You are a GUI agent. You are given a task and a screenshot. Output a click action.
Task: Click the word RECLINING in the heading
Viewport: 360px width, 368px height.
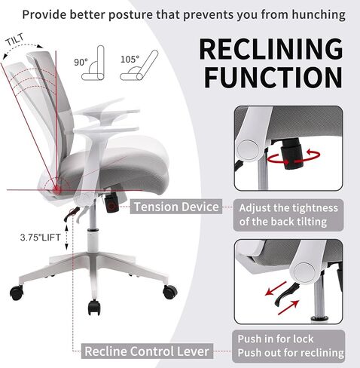coord(271,49)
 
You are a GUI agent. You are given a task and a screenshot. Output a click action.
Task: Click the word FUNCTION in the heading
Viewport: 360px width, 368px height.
coord(273,78)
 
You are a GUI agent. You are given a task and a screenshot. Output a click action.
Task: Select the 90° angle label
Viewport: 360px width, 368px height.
coord(81,62)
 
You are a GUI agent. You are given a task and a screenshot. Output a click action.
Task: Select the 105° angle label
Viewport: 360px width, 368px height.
coord(130,60)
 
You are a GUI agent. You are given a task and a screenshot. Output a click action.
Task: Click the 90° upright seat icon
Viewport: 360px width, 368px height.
coord(93,63)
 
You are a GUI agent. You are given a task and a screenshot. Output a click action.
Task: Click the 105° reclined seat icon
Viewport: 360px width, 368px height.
coord(139,66)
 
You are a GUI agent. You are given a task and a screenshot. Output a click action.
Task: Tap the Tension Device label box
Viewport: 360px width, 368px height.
coord(176,207)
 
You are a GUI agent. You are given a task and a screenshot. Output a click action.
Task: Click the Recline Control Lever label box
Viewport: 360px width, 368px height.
coord(147,351)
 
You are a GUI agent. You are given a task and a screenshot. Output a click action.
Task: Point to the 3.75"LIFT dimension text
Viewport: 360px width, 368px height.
coord(40,238)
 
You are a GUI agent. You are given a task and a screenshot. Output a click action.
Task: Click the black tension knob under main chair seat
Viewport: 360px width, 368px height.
coord(111,203)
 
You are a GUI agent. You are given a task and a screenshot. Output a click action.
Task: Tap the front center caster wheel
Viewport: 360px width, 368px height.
coord(94,308)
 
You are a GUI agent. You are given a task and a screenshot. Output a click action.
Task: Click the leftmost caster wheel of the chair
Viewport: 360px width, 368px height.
coord(17,293)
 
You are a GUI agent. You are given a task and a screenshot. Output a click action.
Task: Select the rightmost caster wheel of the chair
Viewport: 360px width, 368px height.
coord(170,293)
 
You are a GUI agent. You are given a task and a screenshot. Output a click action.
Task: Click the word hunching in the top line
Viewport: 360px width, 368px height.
coord(319,14)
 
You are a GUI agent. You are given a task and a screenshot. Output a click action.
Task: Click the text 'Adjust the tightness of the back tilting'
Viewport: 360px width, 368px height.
coord(288,215)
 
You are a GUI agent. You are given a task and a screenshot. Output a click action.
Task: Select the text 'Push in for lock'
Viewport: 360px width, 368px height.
coord(276,339)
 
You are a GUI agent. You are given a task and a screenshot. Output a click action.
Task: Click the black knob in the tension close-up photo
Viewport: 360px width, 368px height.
coord(291,153)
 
